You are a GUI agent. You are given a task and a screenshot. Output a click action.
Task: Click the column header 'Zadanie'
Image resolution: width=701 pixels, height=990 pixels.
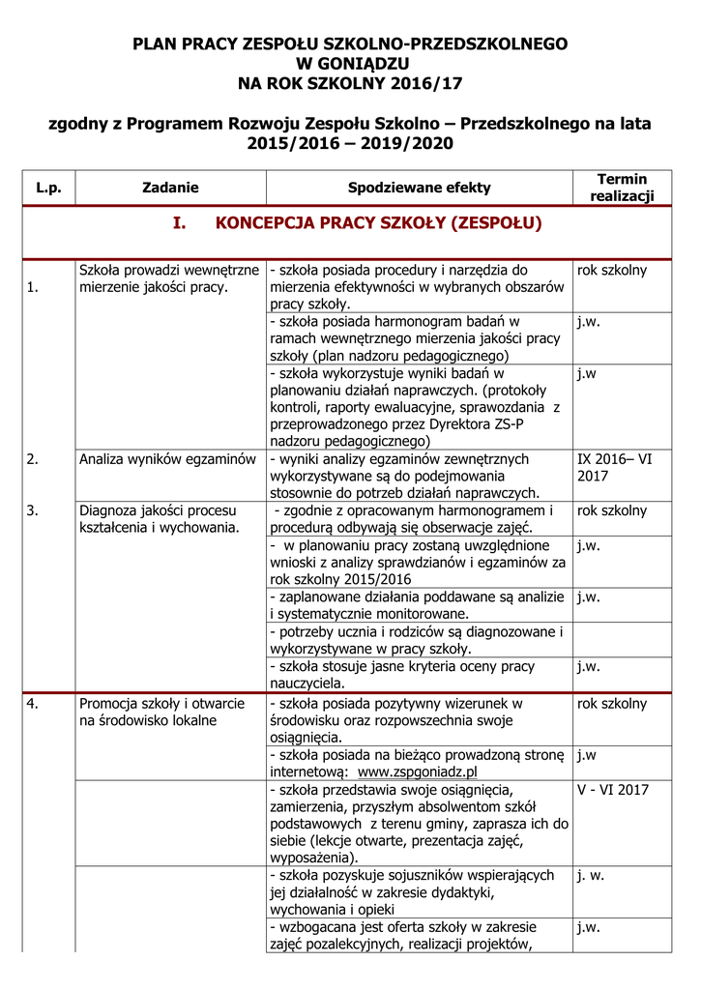point(170,188)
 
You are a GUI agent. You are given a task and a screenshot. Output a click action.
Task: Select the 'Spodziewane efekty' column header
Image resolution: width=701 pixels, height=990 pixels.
point(419,188)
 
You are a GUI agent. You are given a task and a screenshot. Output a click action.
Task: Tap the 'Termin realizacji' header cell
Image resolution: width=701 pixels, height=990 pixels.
point(621,188)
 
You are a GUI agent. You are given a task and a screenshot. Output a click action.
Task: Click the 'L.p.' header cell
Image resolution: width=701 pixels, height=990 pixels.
point(48,188)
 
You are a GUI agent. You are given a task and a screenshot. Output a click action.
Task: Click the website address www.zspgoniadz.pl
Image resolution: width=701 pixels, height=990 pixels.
point(418,772)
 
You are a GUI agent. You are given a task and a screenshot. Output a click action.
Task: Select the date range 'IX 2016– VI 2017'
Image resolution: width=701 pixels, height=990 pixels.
point(614,468)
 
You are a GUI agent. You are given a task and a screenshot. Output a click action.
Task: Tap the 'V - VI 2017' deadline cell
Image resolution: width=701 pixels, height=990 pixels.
point(612,789)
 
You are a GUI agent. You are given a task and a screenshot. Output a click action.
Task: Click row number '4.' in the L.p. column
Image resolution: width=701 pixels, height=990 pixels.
point(33,704)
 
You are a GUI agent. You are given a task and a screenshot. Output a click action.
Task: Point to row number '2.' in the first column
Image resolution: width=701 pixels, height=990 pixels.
point(33,459)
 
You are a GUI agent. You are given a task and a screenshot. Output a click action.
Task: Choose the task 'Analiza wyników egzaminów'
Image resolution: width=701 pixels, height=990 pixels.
point(166,459)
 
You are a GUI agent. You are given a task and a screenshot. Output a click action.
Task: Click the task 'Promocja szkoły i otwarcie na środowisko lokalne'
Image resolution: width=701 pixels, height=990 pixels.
point(161,712)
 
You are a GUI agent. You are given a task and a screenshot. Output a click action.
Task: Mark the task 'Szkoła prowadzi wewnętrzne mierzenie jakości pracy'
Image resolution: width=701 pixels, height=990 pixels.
point(168,278)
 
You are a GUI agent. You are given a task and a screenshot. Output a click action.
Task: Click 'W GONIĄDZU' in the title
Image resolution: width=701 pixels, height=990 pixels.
point(350,63)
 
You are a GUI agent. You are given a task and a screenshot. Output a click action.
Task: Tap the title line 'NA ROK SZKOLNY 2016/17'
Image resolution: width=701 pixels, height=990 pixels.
point(350,82)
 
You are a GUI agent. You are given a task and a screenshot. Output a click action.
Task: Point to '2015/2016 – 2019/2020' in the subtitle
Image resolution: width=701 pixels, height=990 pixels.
point(350,143)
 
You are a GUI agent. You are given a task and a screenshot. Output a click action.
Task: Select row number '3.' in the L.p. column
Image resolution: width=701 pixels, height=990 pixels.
point(33,510)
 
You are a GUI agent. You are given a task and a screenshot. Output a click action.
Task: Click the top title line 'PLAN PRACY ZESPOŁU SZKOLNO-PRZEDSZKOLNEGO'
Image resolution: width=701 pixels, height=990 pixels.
point(350,44)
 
